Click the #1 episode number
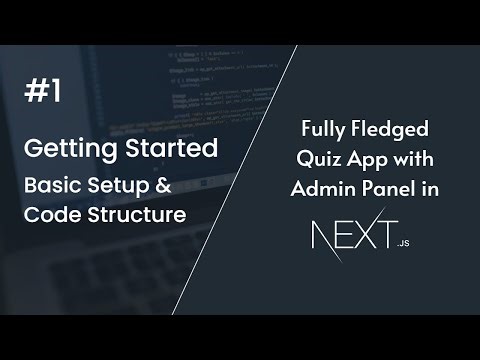[x=42, y=92]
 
